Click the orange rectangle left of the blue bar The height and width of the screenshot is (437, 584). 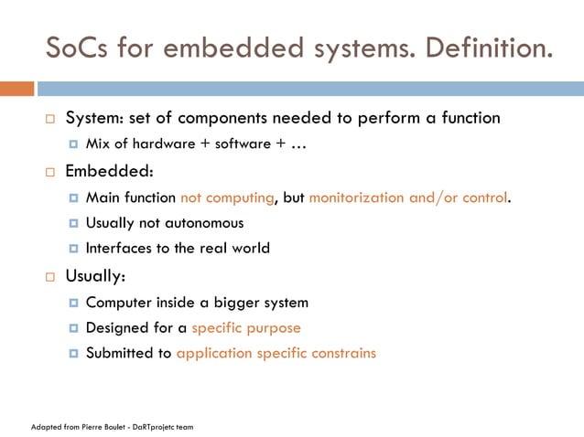click(x=16, y=89)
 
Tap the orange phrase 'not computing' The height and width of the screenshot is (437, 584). click(x=227, y=197)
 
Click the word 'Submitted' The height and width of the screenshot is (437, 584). click(x=120, y=353)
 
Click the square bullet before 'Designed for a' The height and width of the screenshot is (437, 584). click(x=73, y=327)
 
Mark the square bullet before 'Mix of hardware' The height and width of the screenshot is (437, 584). click(x=73, y=144)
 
